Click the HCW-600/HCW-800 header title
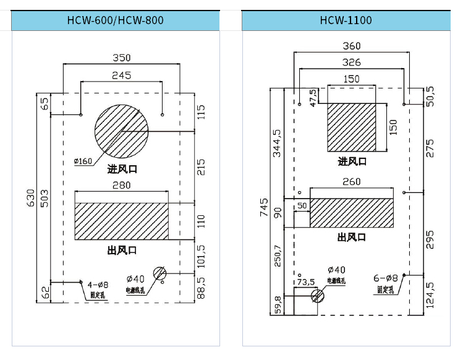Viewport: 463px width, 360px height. point(115,20)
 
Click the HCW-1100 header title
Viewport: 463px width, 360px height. point(346,20)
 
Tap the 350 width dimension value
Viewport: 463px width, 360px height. point(121,58)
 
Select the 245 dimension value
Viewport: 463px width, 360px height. point(121,75)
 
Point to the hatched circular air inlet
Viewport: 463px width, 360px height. point(121,131)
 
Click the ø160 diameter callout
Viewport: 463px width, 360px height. point(83,161)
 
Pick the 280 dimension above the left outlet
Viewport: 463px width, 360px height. point(121,185)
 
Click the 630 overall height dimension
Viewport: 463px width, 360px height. point(31,198)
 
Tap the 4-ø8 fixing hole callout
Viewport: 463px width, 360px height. point(98,285)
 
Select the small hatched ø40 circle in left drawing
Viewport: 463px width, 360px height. point(159,273)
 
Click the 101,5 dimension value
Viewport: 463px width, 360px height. point(201,257)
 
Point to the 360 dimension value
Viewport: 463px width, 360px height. point(351,46)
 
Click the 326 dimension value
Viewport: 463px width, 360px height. point(351,62)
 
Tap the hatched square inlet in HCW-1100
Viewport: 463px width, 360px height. point(352,127)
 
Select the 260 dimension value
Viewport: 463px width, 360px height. point(351,181)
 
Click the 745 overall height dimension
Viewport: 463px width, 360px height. point(264,207)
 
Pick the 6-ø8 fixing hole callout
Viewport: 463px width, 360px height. point(386,278)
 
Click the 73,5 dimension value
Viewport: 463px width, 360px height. point(306,282)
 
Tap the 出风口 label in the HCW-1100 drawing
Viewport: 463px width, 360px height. point(352,237)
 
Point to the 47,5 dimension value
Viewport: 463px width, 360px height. point(313,97)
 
